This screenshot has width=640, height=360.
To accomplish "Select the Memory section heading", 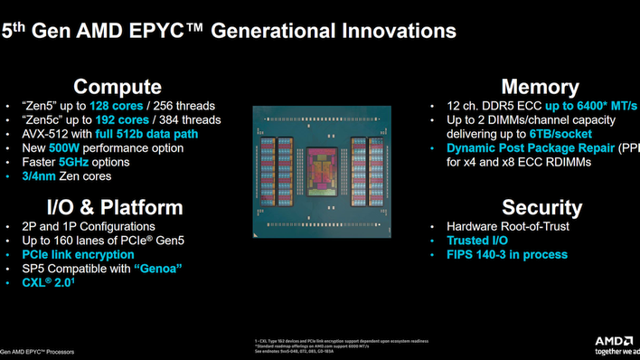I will pyautogui.click(x=540, y=87).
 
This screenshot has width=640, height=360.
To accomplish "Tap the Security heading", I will pyautogui.click(x=541, y=207).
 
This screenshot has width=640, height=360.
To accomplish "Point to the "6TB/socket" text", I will pyautogui.click(x=560, y=134).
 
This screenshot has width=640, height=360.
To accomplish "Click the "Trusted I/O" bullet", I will pyautogui.click(x=477, y=241).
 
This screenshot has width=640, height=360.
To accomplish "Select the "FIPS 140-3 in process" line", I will pyautogui.click(x=506, y=255).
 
